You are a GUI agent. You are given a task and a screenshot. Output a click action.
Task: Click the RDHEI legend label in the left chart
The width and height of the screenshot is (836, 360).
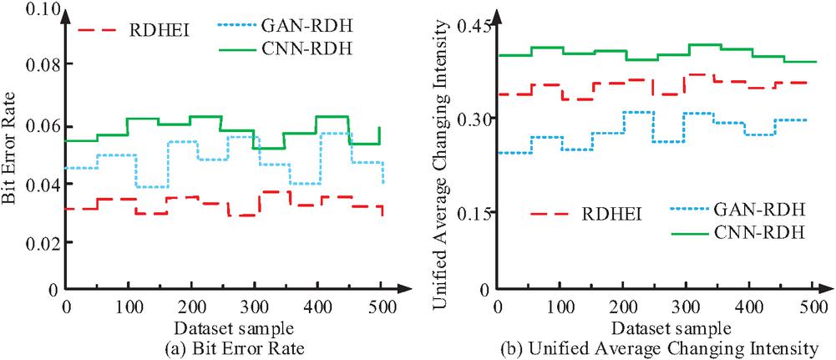(x=159, y=30)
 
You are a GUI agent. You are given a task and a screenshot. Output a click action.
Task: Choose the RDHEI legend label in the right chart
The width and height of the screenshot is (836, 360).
(x=611, y=215)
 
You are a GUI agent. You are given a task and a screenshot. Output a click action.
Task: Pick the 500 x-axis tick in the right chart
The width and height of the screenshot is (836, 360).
(x=808, y=307)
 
